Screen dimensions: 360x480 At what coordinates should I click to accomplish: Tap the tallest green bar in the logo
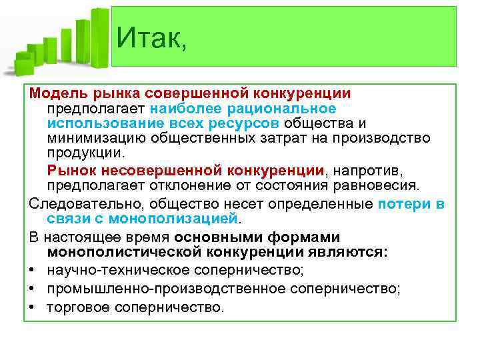pyautogui.click(x=99, y=37)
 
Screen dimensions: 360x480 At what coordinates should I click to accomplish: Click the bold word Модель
pyautogui.click(x=55, y=93)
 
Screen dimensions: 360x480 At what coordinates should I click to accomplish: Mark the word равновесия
pyautogui.click(x=379, y=184)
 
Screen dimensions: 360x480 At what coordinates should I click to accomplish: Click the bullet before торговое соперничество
pyautogui.click(x=32, y=307)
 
